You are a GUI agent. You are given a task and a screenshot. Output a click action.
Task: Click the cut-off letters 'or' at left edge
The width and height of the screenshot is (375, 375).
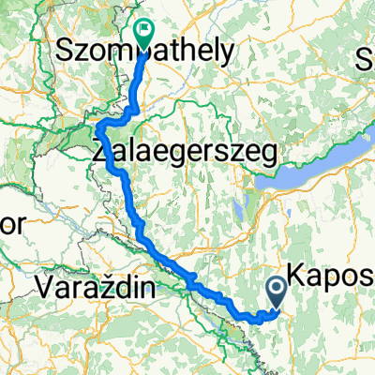click(12, 226)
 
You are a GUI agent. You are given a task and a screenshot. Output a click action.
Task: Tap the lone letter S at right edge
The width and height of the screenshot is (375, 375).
click(366, 64)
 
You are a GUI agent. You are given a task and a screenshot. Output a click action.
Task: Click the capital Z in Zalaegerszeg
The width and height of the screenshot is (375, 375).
click(100, 149)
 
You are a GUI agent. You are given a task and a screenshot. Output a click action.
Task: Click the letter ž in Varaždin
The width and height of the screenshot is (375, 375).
click(106, 287)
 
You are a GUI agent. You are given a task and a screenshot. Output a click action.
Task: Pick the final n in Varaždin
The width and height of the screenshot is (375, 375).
click(143, 287)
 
